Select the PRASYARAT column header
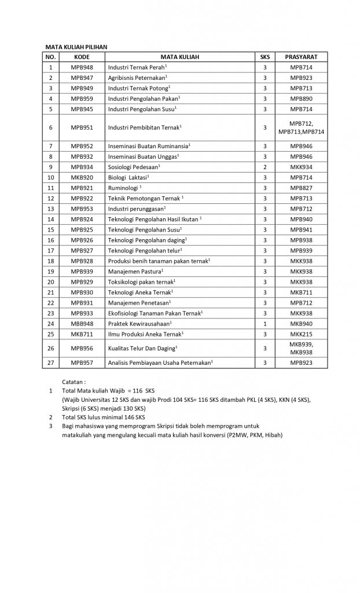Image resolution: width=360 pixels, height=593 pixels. pos(301,57)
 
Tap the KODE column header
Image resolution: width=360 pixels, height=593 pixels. pos(82,57)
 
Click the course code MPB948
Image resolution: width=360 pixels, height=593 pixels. pos(82,68)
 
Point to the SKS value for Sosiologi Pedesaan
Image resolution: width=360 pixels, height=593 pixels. pos(265,167)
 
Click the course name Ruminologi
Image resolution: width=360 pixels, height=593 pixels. pos(124,188)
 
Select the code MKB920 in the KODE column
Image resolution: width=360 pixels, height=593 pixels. pos(82,177)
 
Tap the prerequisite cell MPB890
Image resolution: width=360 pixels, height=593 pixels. pos(301,98)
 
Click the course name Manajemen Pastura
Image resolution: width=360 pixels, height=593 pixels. pos(135,271)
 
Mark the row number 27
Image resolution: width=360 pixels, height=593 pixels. pos(51,363)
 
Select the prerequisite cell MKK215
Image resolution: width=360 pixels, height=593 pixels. pos(301,334)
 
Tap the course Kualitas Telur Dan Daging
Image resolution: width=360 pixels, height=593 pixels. pos(142,348)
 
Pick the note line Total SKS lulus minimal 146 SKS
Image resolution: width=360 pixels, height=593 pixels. pos(103,417)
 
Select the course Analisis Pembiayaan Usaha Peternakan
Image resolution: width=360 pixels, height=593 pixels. pos(160,363)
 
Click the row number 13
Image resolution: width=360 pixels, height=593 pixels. pos(51,208)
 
